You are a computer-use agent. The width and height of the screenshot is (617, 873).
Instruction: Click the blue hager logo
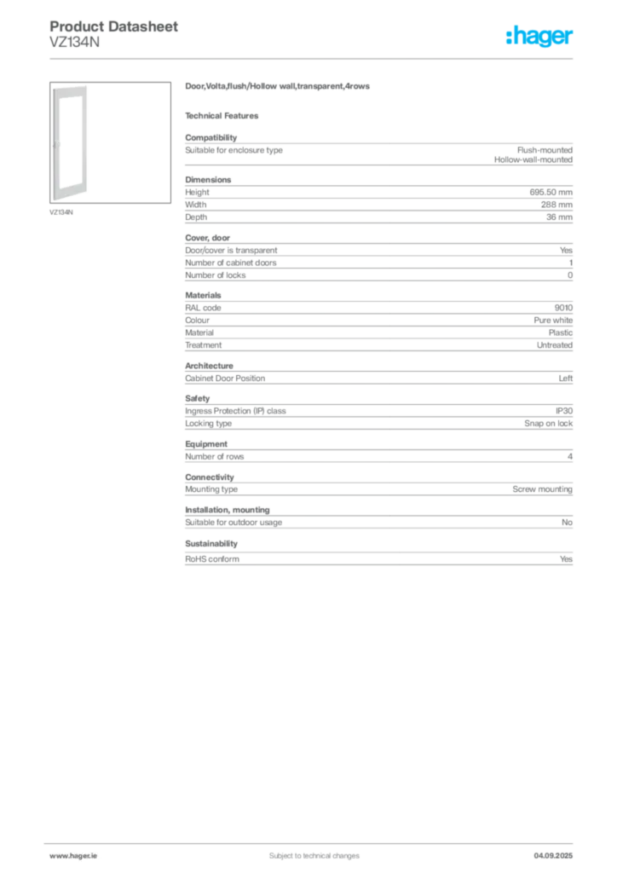[x=540, y=38]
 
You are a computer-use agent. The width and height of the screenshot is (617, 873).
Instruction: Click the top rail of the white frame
[x=70, y=88]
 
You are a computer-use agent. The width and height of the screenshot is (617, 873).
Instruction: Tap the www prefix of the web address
[x=57, y=855]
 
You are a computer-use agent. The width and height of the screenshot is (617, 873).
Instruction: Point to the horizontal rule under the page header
[x=314, y=58]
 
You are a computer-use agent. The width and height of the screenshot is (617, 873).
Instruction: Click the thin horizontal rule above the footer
[x=314, y=841]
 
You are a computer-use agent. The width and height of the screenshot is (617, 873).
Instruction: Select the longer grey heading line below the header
[x=280, y=88]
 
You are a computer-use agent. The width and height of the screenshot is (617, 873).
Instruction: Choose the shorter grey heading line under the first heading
[x=225, y=116]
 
